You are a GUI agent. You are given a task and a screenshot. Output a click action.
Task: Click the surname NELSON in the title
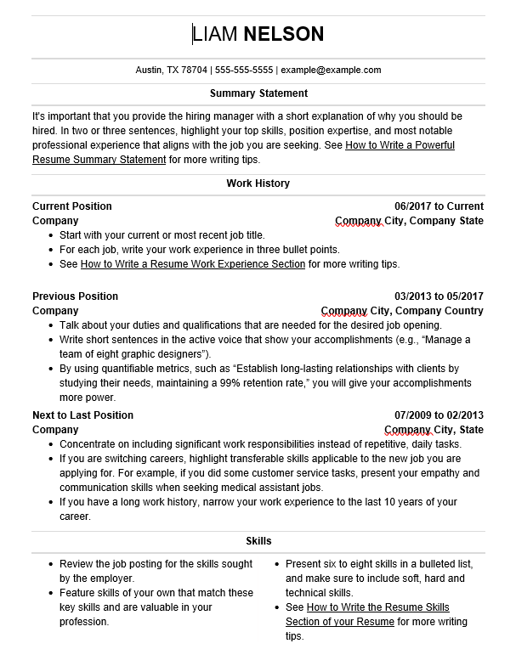(x=284, y=34)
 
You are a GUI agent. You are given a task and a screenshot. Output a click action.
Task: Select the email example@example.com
(x=331, y=71)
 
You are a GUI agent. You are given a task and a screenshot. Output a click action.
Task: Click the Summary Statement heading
(x=258, y=93)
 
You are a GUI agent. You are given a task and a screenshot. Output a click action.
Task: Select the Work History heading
(x=258, y=183)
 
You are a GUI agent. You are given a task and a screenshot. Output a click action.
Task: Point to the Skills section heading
(x=258, y=541)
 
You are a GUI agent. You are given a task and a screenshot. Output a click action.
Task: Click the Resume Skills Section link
(x=377, y=607)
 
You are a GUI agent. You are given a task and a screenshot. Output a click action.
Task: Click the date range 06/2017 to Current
(x=439, y=206)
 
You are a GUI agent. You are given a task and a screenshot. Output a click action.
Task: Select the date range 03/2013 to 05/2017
(x=439, y=296)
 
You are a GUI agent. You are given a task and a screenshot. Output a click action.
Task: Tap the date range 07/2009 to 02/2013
(x=439, y=415)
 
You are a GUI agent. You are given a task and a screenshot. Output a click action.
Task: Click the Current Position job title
(x=71, y=206)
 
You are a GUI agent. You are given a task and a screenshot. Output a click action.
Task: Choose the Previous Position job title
(x=75, y=296)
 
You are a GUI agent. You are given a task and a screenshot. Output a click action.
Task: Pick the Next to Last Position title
(x=82, y=415)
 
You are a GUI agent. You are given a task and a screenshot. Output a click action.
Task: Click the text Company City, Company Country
(x=401, y=311)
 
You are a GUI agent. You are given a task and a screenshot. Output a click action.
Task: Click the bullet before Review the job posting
(x=51, y=564)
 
